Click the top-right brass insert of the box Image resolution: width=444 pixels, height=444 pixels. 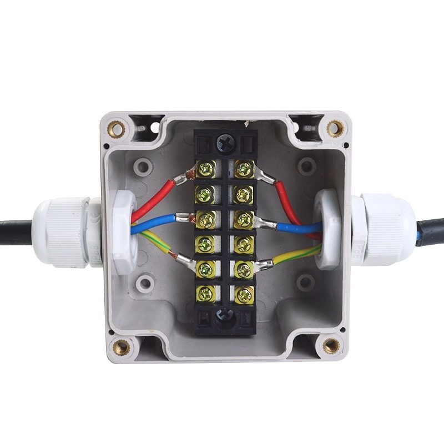pos(334,129)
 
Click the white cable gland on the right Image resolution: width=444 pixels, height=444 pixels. pos(383,228)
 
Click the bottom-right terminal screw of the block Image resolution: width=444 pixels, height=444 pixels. pos(243,293)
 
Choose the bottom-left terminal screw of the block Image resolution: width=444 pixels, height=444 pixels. pos(205,293)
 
